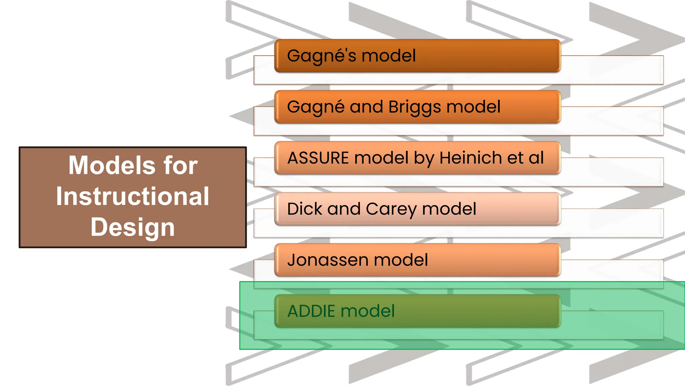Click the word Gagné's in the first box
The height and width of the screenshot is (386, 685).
tap(321, 56)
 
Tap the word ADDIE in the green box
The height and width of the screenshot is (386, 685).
tap(311, 311)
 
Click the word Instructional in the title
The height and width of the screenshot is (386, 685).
tap(133, 196)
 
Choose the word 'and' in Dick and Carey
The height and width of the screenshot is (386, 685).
tap(344, 209)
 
